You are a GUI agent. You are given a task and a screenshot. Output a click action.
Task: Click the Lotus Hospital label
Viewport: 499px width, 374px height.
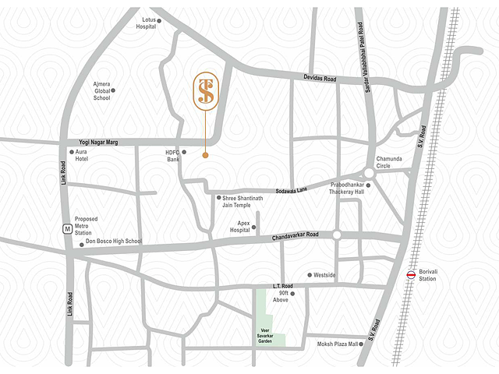coord(146,22)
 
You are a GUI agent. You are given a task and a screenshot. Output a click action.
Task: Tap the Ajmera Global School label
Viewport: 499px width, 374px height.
coord(101,91)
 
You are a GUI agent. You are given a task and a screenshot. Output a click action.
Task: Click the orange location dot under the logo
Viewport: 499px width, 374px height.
coord(205,155)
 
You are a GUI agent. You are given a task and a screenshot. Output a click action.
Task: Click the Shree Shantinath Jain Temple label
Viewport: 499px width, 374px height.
coord(242,203)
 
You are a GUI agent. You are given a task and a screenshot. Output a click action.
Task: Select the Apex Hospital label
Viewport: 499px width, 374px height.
coord(239,227)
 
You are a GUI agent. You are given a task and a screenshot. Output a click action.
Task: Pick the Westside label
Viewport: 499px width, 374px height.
coord(324,275)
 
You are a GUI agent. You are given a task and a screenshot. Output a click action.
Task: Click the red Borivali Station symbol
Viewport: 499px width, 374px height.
coord(411,273)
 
